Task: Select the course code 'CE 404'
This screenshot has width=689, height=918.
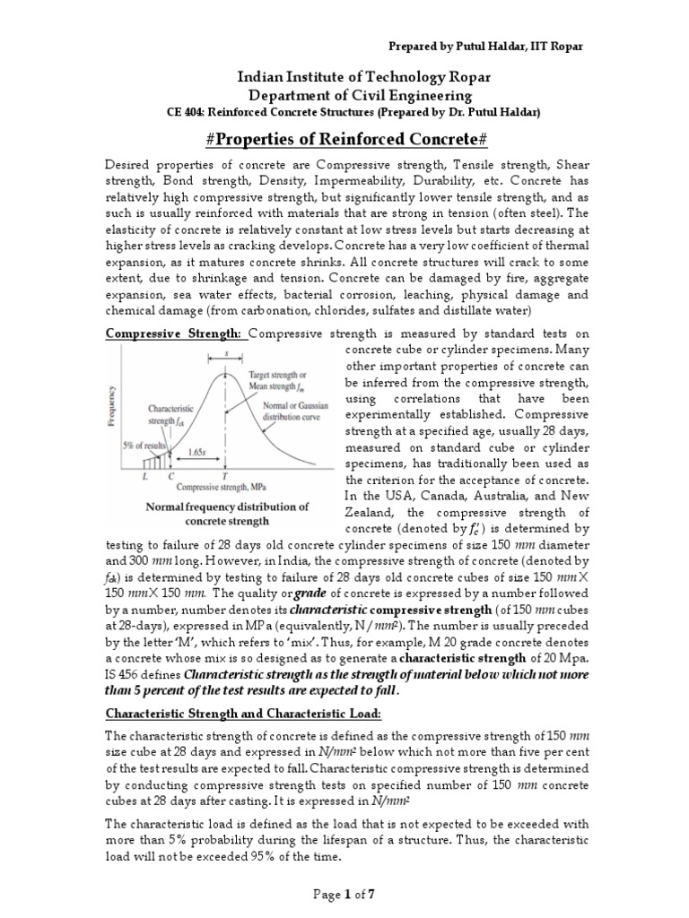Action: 188,112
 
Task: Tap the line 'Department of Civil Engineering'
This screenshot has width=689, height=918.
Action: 344,95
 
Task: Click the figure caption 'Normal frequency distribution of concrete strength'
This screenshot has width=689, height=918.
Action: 227,514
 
